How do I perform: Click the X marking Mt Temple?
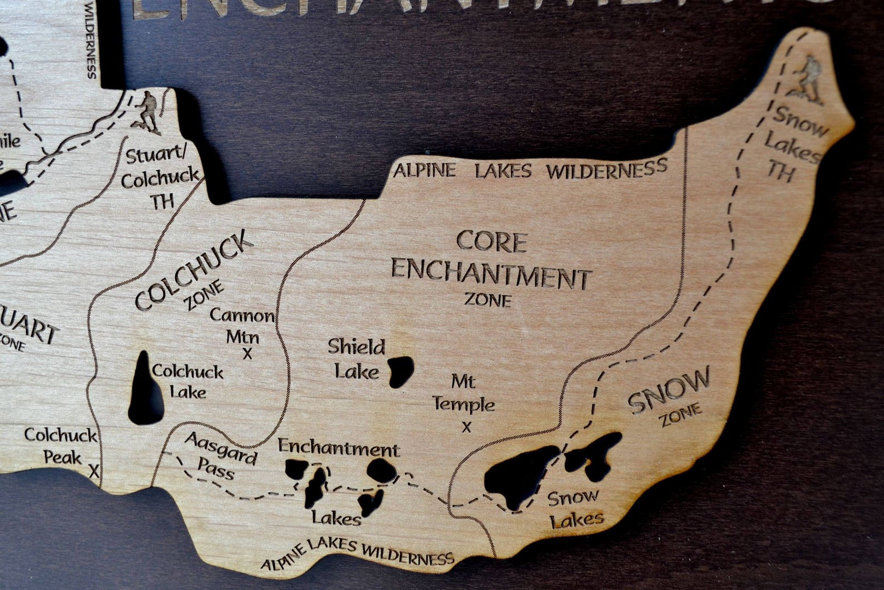pyautogui.click(x=466, y=427)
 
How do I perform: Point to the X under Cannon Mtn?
pyautogui.click(x=247, y=353)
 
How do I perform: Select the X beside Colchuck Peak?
pyautogui.click(x=94, y=472)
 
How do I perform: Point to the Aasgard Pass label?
pyautogui.click(x=221, y=456)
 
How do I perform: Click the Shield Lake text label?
pyautogui.click(x=355, y=358)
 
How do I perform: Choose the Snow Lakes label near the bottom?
pyautogui.click(x=574, y=508)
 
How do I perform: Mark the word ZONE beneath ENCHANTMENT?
pyautogui.click(x=488, y=300)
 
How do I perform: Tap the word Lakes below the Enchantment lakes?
pyautogui.click(x=336, y=518)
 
